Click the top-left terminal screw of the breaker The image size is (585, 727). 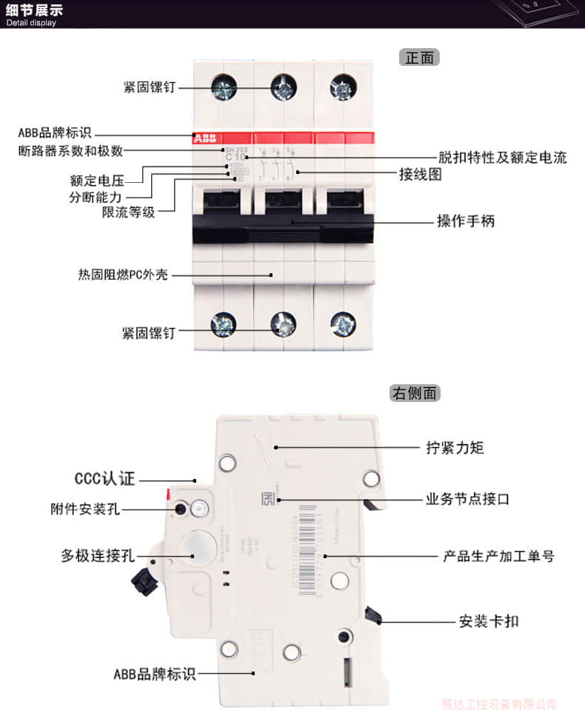223,89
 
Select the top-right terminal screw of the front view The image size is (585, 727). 342,89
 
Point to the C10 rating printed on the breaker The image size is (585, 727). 236,157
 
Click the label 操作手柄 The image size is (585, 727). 465,221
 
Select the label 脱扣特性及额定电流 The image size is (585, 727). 502,157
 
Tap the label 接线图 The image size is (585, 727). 421,175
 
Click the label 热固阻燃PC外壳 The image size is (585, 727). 123,275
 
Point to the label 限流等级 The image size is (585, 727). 129,212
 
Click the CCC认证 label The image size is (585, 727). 105,479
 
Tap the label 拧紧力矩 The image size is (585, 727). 455,447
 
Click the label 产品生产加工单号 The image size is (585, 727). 498,555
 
